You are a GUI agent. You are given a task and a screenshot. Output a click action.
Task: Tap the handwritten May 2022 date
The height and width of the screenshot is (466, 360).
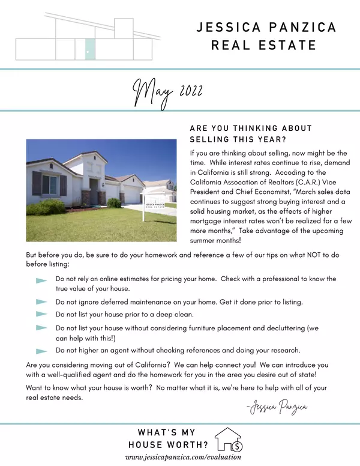click(x=167, y=93)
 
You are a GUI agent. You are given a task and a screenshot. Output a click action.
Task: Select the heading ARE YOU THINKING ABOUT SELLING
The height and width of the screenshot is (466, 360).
click(x=251, y=133)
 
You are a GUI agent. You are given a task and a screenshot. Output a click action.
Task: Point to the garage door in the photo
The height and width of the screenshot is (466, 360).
click(x=131, y=194)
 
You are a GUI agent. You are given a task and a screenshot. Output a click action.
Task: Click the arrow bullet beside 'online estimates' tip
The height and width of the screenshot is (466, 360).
click(x=41, y=280)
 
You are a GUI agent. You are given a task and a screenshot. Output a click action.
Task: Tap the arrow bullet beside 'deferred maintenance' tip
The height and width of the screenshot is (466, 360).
click(x=41, y=301)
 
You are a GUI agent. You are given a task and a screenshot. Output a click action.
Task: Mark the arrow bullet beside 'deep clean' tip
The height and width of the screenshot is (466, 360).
click(x=41, y=314)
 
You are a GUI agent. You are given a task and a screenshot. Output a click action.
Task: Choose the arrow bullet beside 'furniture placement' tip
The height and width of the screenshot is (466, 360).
click(x=41, y=328)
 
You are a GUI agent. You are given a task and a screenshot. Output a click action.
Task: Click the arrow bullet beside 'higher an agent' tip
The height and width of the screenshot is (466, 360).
click(x=41, y=351)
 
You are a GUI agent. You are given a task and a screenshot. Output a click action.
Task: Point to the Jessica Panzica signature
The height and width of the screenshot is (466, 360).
click(x=277, y=408)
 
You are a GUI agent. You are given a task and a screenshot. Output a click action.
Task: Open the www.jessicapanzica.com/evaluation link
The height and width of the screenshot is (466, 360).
click(x=180, y=458)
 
